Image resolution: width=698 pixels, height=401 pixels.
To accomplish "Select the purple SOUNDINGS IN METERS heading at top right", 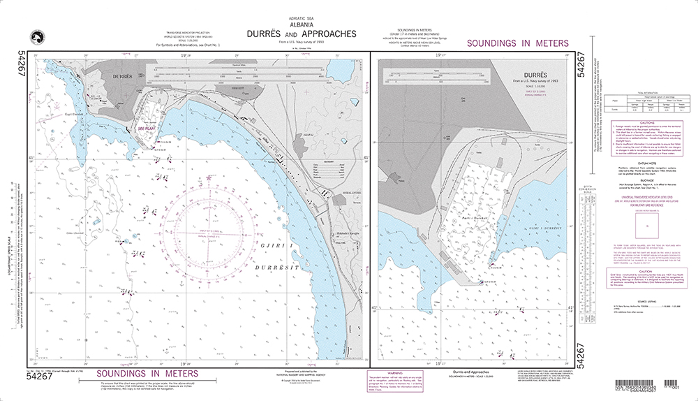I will click(517, 43).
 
